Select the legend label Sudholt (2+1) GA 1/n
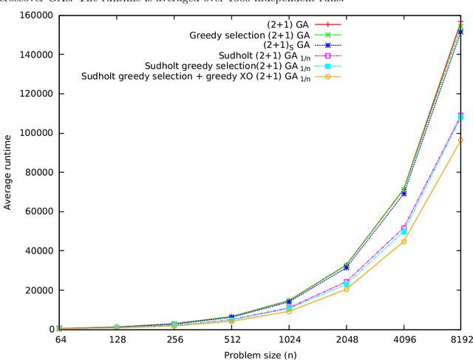tap(274, 55)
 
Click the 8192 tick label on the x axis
tap(460, 340)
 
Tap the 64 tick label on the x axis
tap(60, 340)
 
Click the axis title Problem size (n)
tap(259, 354)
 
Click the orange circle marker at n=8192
tap(460, 140)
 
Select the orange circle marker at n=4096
tap(404, 242)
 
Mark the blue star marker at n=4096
tap(404, 194)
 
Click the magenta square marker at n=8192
tap(460, 116)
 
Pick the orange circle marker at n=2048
tap(346, 289)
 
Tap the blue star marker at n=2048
tap(346, 268)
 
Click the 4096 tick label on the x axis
tap(403, 340)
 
